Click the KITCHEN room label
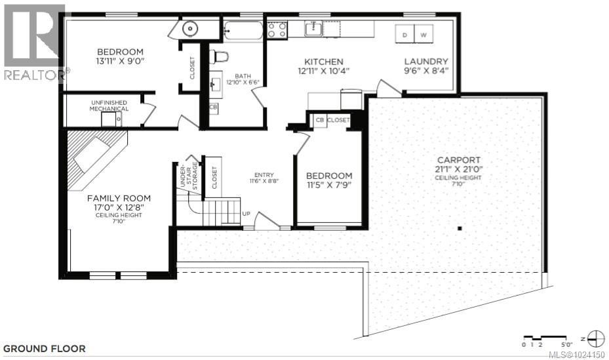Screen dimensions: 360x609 click(x=321, y=62)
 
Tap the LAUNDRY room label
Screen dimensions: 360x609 click(x=425, y=62)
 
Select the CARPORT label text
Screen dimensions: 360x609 click(x=460, y=159)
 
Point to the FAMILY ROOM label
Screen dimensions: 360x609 click(x=119, y=198)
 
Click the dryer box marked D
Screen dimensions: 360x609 click(x=405, y=34)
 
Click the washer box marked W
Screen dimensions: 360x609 click(x=423, y=34)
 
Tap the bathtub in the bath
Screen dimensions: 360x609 click(x=243, y=31)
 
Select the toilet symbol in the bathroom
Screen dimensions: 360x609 click(x=218, y=56)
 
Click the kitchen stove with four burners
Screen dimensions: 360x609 click(x=277, y=30)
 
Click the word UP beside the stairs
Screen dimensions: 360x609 click(x=246, y=214)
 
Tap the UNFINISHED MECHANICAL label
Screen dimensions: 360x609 click(x=109, y=106)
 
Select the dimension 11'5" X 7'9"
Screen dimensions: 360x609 click(x=329, y=186)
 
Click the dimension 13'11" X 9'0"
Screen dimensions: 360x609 click(x=120, y=62)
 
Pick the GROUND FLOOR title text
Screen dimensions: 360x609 click(x=44, y=349)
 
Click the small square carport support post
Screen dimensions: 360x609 click(x=460, y=228)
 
